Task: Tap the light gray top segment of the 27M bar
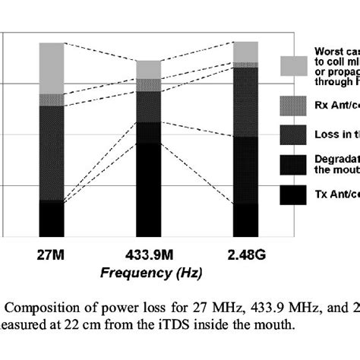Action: click(x=52, y=68)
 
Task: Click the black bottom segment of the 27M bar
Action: click(x=52, y=219)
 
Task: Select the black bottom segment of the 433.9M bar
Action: click(x=149, y=190)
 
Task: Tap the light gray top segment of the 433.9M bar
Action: click(x=149, y=69)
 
